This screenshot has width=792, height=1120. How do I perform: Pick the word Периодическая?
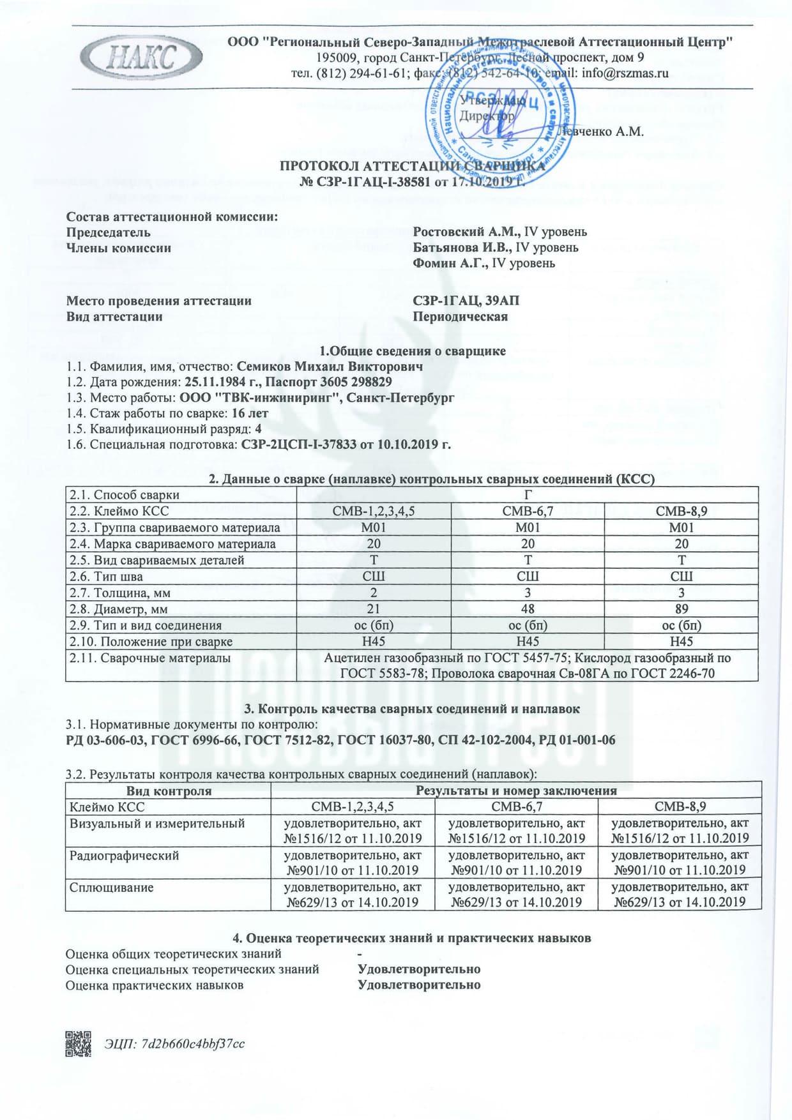[461, 317]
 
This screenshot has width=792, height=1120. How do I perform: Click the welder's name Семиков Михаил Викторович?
[330, 367]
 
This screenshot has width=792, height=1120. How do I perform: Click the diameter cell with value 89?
[681, 609]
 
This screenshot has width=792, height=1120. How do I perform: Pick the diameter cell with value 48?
[528, 609]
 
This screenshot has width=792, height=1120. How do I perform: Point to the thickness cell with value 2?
[374, 593]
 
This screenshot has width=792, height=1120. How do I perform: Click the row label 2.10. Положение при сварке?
[151, 642]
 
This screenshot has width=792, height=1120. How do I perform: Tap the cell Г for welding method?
[528, 495]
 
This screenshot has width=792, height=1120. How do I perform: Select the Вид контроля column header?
[169, 791]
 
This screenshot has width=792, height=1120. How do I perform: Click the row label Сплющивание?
[112, 887]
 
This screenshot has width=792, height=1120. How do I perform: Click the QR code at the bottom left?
[78, 1044]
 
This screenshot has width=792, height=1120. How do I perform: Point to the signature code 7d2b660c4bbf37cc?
[192, 1044]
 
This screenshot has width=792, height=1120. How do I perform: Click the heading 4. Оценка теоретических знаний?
[412, 938]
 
